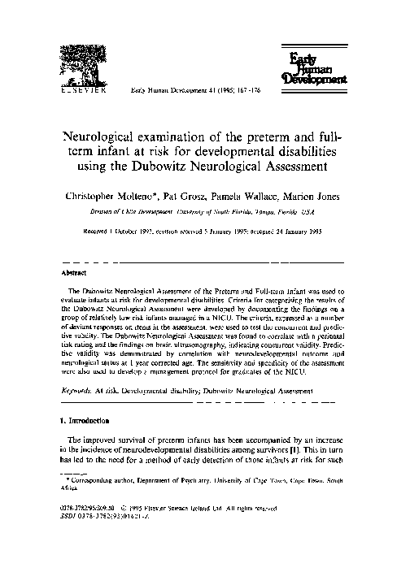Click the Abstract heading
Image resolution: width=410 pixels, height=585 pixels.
pyautogui.click(x=76, y=273)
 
